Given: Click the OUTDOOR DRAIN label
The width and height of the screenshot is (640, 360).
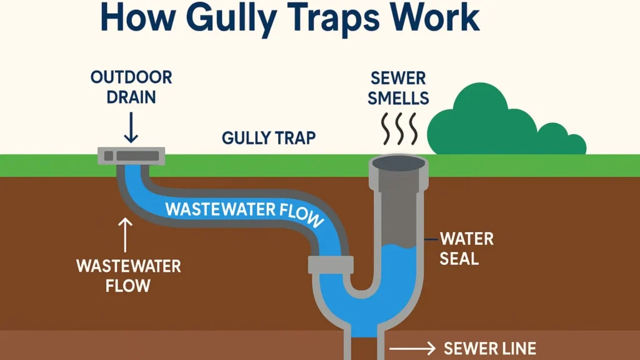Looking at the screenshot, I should point(131,88).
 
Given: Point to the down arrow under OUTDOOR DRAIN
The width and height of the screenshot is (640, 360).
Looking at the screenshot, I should point(131,127).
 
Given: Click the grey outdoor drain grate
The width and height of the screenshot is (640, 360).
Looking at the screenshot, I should point(131,155).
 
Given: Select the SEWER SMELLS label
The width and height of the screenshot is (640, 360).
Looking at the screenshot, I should point(398,88).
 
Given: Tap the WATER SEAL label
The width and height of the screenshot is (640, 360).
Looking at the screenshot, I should point(466,248).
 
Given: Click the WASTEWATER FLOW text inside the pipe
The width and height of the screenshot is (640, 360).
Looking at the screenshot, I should point(244,211).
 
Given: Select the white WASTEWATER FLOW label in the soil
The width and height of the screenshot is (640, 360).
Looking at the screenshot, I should point(128,276).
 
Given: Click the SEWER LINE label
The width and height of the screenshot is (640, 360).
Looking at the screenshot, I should point(489,348).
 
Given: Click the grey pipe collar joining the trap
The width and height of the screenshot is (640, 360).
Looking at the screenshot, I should point(331,264).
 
